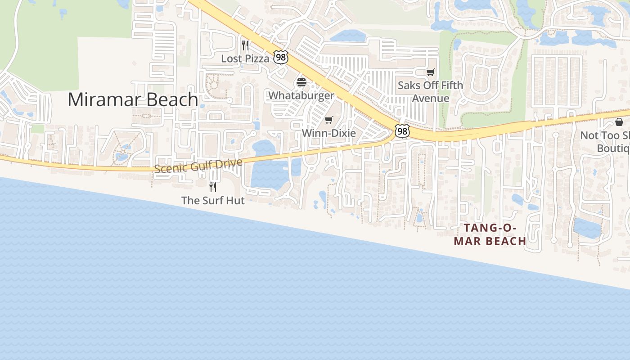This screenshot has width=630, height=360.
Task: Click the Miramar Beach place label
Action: point(133,99)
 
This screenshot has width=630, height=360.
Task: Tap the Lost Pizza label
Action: point(245,58)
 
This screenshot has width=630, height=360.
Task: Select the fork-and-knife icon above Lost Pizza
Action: point(245,45)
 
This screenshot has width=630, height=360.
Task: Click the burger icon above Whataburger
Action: point(301,82)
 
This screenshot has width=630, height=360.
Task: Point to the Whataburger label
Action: point(301,95)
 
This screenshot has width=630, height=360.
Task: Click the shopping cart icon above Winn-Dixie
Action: point(328,120)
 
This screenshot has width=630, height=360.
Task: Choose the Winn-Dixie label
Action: point(328,133)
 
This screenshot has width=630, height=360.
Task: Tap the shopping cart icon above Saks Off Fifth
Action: point(431,72)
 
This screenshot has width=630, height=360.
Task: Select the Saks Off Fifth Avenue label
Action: point(430,92)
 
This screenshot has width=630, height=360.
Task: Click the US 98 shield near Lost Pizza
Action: point(280,57)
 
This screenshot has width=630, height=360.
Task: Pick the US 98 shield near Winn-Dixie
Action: point(402,130)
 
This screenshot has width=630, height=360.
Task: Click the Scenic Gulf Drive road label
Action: point(198,166)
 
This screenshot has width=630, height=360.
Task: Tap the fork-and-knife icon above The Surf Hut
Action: point(213,187)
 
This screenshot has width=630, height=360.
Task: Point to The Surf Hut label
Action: point(213,200)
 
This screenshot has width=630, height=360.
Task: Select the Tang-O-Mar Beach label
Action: point(490,234)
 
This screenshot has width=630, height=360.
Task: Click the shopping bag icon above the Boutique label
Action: point(619,122)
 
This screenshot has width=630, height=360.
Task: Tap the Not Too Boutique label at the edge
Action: point(605,142)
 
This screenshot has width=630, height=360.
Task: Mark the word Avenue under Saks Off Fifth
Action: point(431,99)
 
